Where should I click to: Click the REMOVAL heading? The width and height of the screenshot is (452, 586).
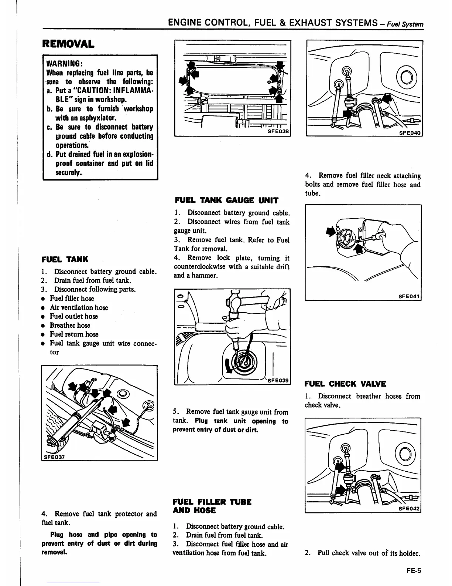click(x=68, y=44)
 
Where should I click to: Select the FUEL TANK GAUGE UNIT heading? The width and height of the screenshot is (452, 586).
click(x=226, y=201)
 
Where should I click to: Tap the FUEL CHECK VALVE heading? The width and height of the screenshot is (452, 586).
click(x=345, y=384)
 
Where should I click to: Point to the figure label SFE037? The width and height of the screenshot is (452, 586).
click(x=54, y=457)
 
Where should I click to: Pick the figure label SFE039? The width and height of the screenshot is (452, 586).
click(x=279, y=380)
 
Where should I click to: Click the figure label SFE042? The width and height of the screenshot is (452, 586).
click(x=409, y=509)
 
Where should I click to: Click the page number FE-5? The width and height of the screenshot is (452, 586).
click(x=413, y=570)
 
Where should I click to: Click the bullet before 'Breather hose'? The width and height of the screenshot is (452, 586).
click(x=43, y=326)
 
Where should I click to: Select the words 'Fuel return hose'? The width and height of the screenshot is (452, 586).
click(x=74, y=334)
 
